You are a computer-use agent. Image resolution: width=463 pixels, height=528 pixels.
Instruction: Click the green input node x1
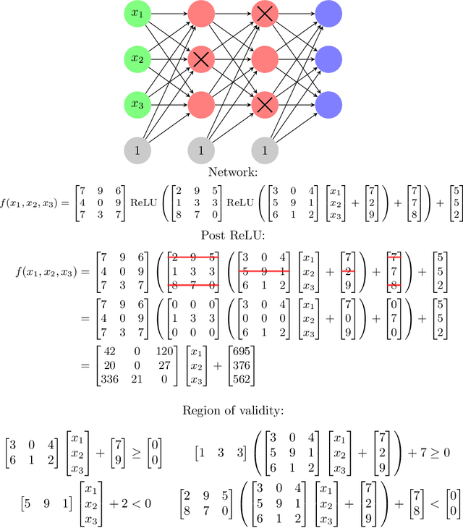[137, 12]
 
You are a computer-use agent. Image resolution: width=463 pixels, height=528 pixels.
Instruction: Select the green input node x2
[137, 58]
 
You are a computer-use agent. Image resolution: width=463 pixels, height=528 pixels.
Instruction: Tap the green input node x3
[137, 104]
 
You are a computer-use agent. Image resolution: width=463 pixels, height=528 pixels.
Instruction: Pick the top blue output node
[328, 12]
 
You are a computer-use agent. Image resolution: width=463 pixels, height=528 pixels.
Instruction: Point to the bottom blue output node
[328, 104]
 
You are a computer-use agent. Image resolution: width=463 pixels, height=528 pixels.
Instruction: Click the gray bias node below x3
[137, 150]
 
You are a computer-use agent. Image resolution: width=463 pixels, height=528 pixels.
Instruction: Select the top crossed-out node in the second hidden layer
[265, 12]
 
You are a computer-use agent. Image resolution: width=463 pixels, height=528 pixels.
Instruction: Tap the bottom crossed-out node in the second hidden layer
[265, 104]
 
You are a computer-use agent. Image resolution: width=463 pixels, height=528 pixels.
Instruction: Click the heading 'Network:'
[231, 172]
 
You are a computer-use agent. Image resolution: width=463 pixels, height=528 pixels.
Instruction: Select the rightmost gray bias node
[265, 150]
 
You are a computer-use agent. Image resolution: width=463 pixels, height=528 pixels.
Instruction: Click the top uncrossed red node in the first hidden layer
[201, 12]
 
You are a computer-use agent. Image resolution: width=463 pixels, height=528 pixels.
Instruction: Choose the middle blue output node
[328, 58]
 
